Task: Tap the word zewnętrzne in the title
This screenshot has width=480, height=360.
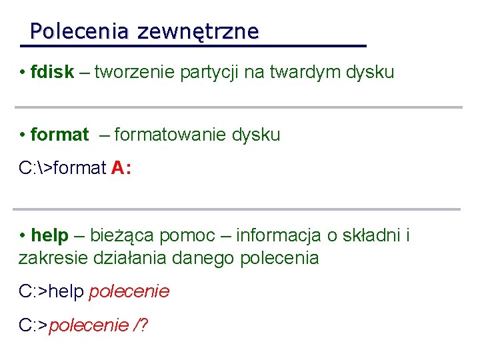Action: (197, 31)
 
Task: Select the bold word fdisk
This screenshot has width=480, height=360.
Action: (52, 72)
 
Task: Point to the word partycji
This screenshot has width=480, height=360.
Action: (210, 72)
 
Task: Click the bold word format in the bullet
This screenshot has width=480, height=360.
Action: (59, 135)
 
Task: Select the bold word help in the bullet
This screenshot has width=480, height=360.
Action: (50, 235)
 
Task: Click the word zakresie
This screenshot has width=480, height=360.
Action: (50, 258)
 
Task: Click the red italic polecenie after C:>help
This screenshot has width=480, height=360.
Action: (129, 291)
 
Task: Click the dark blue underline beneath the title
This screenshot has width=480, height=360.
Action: (193, 46)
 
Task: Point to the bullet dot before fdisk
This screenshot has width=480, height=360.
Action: (23, 72)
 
